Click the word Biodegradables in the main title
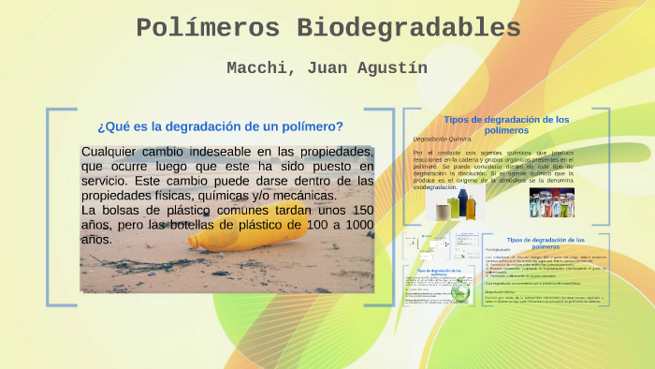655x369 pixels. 409,28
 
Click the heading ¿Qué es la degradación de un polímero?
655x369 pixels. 220,126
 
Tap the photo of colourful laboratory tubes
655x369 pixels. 551,202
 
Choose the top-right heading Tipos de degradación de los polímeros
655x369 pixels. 506,125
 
